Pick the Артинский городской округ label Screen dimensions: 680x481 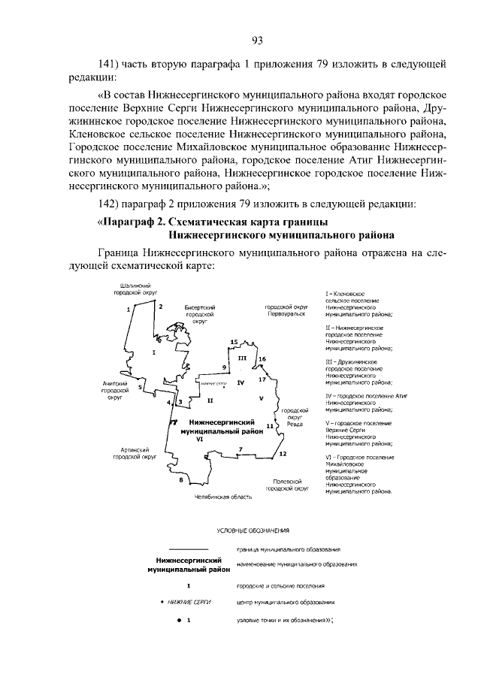tap(135, 453)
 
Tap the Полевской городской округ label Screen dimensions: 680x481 tap(289, 485)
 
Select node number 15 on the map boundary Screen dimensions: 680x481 tap(234, 343)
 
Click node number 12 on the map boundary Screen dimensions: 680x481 tap(282, 454)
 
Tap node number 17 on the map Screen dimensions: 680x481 tap(272, 380)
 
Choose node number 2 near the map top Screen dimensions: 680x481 tap(160, 306)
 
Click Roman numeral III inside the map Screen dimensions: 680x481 tap(242, 358)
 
